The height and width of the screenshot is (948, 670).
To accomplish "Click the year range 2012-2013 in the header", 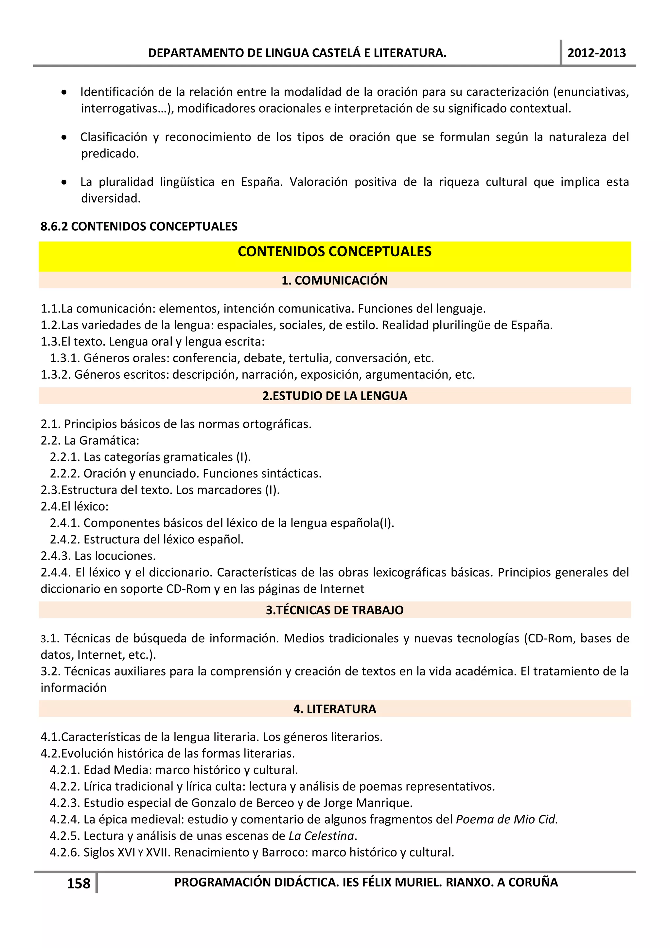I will [x=596, y=53].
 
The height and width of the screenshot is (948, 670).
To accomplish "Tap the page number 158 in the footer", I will [x=79, y=884].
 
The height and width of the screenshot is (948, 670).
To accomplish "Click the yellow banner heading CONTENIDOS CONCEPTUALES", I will [x=334, y=251].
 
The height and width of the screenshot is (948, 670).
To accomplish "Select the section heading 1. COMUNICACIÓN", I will [x=334, y=280].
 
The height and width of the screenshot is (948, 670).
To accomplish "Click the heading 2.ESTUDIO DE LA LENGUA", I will [x=334, y=396].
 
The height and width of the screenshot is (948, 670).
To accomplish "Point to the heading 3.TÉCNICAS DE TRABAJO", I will [x=334, y=610].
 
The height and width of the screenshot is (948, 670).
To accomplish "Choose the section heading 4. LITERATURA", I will [x=334, y=709].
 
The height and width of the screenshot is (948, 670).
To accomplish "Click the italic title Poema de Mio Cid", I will [x=506, y=819].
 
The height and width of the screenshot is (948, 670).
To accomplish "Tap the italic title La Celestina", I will [x=322, y=836].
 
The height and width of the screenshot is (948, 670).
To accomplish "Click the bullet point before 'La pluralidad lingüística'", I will [x=64, y=182].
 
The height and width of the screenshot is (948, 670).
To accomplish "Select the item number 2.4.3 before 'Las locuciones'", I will [x=56, y=556].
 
